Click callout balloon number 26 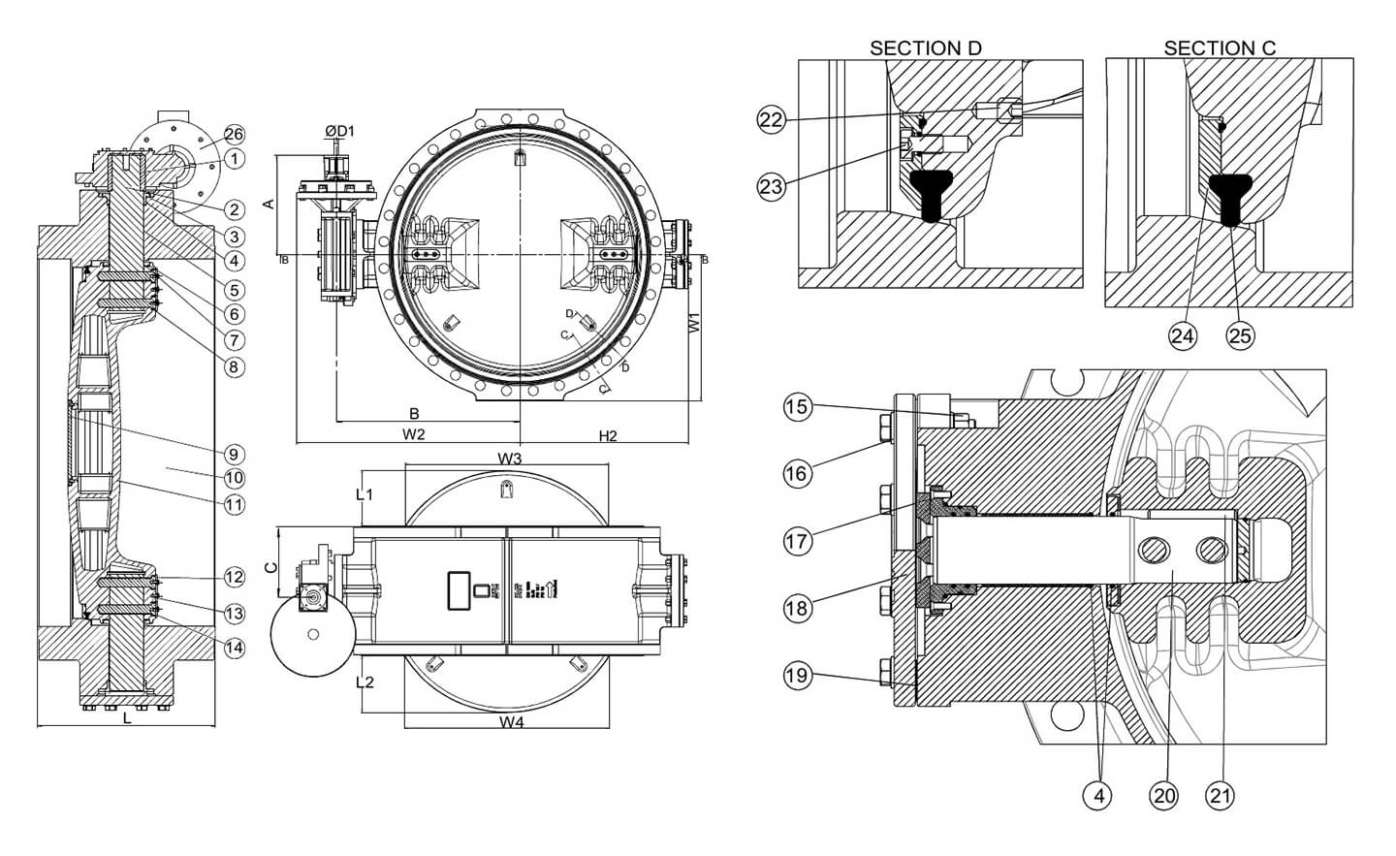tap(234, 134)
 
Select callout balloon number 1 tap(234, 157)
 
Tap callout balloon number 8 tap(234, 367)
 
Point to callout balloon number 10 tap(234, 478)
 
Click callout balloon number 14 tap(234, 647)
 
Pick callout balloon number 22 tap(771, 119)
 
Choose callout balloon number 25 tap(1241, 335)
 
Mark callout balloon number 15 tap(797, 407)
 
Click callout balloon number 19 tap(797, 676)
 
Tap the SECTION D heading tap(925, 48)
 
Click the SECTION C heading tap(1220, 48)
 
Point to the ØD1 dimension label tap(340, 131)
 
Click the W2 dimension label tap(414, 434)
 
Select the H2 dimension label tap(608, 436)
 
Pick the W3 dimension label tap(511, 458)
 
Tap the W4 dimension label tap(511, 722)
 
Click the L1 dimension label tap(365, 494)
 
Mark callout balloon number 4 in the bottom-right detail tap(1098, 796)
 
